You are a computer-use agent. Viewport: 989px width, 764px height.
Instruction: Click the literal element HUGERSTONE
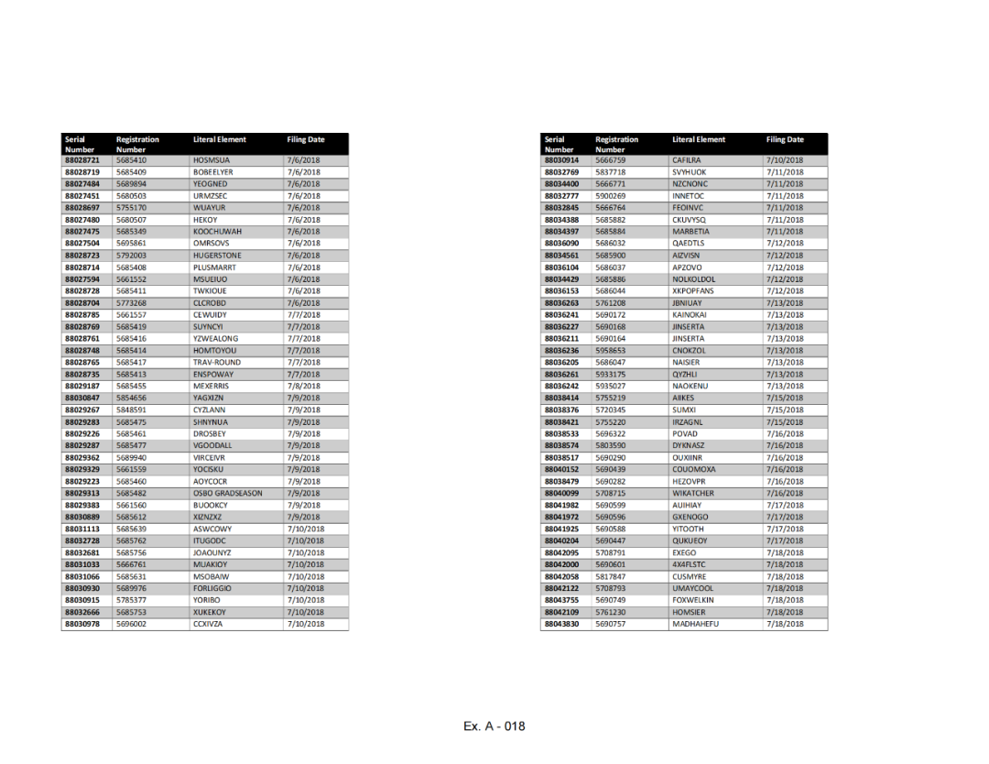coord(217,256)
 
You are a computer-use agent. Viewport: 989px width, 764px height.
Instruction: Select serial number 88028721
coord(82,160)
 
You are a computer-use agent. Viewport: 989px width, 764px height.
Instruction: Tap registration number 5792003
coord(131,256)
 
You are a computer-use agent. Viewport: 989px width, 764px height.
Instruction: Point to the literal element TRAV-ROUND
coord(216,363)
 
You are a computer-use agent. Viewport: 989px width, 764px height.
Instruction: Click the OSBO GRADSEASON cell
coord(227,493)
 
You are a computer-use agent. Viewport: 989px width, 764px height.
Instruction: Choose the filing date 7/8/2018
coord(303,387)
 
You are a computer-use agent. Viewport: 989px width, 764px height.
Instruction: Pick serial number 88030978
coord(82,624)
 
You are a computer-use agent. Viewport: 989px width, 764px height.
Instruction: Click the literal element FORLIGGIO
coord(212,588)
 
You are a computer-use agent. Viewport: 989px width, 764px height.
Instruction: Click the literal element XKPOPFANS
coord(693,291)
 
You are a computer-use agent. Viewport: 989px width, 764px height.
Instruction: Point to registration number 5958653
coord(610,351)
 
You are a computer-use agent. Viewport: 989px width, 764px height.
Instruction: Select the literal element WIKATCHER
coord(693,493)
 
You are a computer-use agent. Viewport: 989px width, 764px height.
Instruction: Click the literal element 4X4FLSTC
coord(690,564)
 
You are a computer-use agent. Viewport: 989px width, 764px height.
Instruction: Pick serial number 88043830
coord(561,624)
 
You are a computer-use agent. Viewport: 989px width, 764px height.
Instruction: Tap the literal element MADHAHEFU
coord(695,624)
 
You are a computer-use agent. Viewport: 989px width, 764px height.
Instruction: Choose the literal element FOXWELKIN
coord(693,600)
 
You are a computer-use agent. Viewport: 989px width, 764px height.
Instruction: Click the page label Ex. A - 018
coord(494,726)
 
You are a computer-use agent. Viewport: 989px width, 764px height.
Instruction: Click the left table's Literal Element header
coord(220,140)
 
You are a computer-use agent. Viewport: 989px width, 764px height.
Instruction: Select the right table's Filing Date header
coord(785,140)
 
